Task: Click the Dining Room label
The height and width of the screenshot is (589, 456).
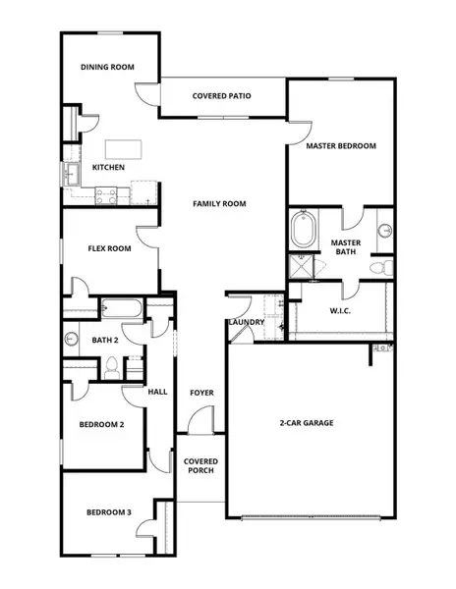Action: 107,67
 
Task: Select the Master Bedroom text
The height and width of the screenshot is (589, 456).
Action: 340,146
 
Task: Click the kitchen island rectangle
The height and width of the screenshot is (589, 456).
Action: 126,149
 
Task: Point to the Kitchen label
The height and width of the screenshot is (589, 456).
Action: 108,168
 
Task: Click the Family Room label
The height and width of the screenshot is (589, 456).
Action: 219,204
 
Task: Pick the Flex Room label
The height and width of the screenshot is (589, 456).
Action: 109,248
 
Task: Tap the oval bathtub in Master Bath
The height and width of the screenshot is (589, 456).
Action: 303,235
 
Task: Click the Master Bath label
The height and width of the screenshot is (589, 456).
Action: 345,246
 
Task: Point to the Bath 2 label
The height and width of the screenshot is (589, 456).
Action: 105,341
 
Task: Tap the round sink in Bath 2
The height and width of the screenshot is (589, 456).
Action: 72,340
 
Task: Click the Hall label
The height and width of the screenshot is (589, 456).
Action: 157,391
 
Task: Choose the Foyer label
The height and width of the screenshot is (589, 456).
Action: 201,393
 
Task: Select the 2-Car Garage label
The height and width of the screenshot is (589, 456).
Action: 306,422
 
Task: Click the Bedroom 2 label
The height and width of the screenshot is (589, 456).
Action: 100,425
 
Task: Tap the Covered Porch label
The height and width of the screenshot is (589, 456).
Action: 200,465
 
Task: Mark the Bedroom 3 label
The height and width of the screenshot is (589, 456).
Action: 108,512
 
